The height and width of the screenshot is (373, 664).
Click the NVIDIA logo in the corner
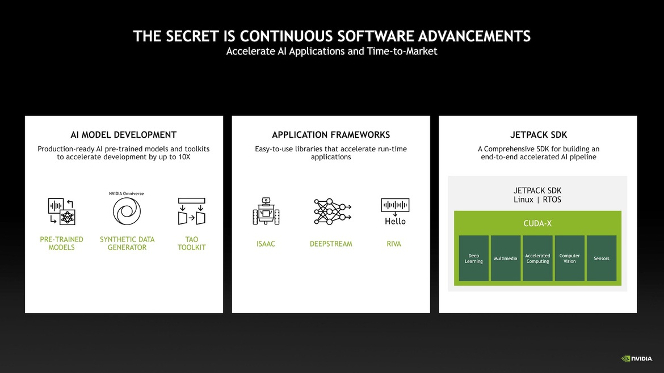(637, 358)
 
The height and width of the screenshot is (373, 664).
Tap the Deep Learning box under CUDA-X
(474, 258)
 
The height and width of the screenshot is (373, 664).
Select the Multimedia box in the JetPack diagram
(506, 258)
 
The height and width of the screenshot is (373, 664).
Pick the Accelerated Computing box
(537, 258)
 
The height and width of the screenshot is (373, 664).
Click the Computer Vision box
(569, 258)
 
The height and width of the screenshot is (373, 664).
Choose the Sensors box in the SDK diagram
(601, 258)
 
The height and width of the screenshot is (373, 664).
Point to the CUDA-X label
(537, 223)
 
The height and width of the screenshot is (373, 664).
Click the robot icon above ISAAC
(265, 211)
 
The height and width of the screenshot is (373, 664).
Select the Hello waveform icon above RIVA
(395, 211)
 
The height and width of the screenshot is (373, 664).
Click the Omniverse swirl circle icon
(127, 212)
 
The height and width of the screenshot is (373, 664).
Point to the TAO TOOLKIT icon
(191, 211)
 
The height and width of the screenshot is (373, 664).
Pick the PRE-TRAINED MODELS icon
(61, 211)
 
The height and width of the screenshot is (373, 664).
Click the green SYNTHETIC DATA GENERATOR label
(127, 243)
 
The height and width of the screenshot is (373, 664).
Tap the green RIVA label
(394, 244)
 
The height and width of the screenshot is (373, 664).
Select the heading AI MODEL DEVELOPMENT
(124, 135)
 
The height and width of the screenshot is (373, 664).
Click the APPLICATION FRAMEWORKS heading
(331, 135)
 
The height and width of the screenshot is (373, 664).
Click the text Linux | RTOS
(537, 200)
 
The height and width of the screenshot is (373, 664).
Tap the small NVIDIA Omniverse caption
(127, 193)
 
